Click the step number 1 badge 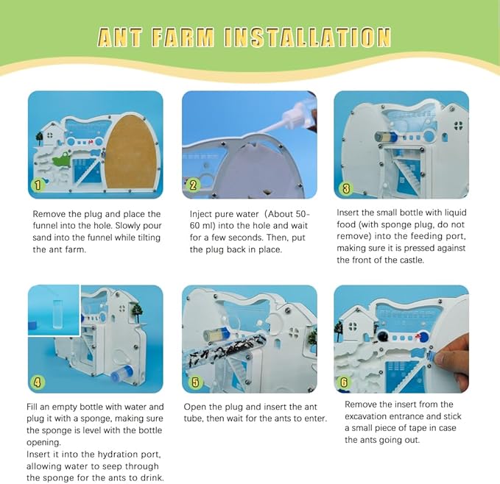[38, 185]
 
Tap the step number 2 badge [193, 185]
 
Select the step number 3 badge [346, 188]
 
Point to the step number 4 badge [38, 382]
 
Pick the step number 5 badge [195, 382]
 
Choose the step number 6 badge [344, 382]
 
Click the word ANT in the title [119, 38]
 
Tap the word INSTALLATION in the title [307, 38]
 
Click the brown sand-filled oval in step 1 [132, 152]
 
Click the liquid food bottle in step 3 [386, 138]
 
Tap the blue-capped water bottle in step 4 [122, 373]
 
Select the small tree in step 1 [40, 138]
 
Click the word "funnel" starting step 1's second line [43, 225]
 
